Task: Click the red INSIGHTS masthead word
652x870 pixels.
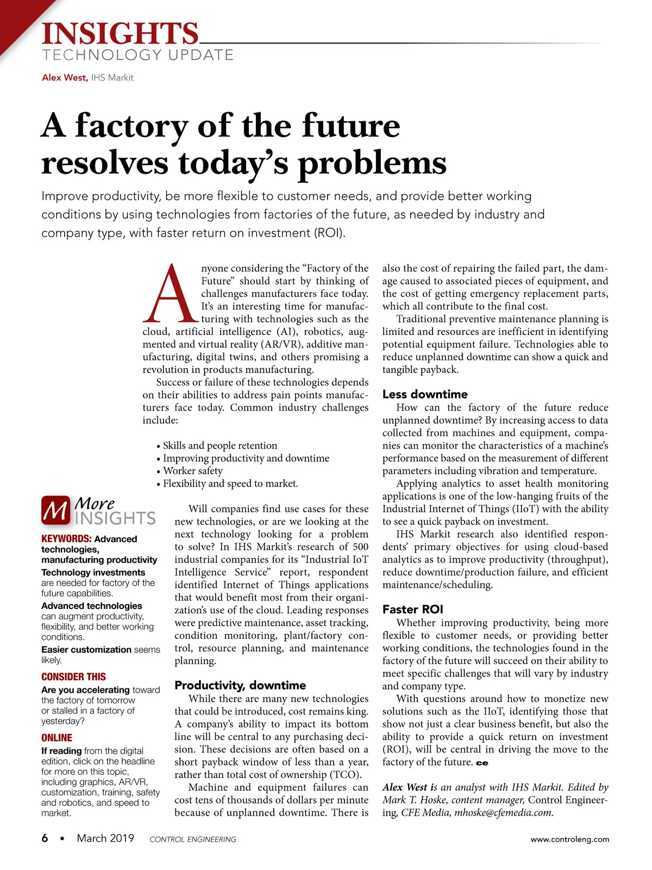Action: [x=120, y=34]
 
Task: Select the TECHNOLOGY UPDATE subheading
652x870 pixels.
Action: [x=137, y=55]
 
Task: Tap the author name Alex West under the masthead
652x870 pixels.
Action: [x=64, y=78]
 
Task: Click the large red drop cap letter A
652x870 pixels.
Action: [x=169, y=294]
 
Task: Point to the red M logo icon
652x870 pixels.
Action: [x=55, y=511]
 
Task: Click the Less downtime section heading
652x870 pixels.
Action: [x=424, y=394]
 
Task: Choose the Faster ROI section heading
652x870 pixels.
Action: [x=412, y=610]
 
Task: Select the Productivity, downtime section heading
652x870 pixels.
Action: [x=240, y=685]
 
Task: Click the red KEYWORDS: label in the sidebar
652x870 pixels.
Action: [x=66, y=539]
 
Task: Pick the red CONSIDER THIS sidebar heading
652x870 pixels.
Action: [x=73, y=677]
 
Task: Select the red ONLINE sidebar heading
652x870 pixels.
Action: [x=57, y=738]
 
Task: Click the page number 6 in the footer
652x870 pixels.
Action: [x=45, y=838]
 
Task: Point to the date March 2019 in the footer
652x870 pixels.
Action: [x=105, y=838]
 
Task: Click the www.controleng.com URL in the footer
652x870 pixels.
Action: [x=569, y=839]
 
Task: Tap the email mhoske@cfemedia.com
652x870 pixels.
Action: [x=504, y=813]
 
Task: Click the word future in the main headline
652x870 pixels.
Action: [x=350, y=126]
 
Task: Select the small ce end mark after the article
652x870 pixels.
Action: [x=482, y=763]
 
